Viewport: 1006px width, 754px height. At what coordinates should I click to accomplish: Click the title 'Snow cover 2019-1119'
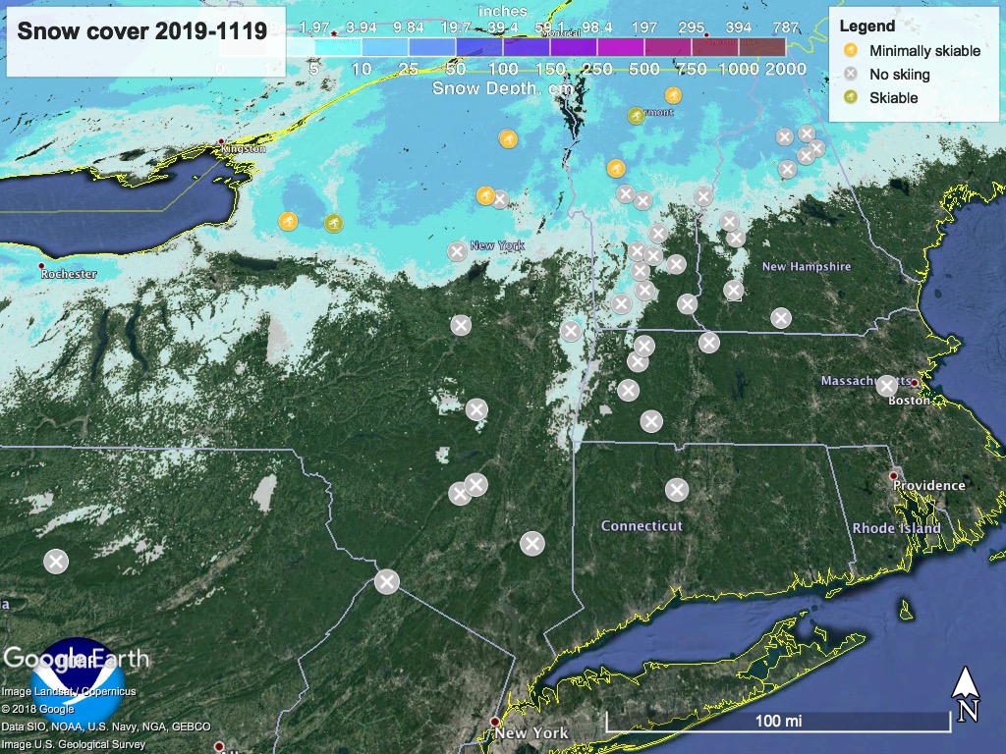point(142,31)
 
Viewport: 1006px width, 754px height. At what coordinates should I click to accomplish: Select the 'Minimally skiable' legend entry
point(924,51)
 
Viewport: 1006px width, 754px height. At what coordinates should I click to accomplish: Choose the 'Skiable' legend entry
point(893,98)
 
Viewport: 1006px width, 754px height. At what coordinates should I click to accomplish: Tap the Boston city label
point(908,401)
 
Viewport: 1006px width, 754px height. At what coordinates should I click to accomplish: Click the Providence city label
point(928,485)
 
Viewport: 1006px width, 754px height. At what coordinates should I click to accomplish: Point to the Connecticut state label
point(642,526)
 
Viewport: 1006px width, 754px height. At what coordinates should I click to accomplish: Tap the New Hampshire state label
point(807,267)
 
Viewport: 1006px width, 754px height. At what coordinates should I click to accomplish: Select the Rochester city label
point(69,275)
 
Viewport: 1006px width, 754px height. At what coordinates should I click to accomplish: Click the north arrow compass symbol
point(967,693)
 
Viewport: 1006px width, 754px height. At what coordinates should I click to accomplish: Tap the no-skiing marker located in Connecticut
point(677,489)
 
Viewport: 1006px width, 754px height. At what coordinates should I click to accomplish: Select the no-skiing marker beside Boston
point(886,385)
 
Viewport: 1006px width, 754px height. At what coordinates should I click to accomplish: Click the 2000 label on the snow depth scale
point(786,69)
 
